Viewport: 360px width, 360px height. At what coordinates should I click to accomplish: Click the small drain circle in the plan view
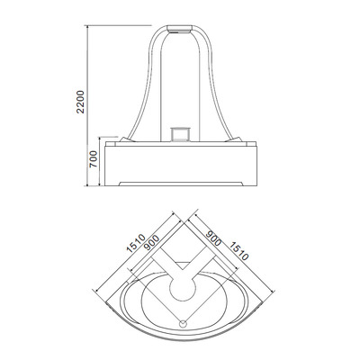tap(182, 321)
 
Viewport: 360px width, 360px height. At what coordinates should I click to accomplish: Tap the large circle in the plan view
tap(183, 287)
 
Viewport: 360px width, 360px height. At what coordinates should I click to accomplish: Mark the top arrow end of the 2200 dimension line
tap(86, 24)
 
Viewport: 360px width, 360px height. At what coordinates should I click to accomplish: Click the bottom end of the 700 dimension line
tap(98, 187)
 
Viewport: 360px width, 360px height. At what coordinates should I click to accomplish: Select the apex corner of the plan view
tap(183, 212)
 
